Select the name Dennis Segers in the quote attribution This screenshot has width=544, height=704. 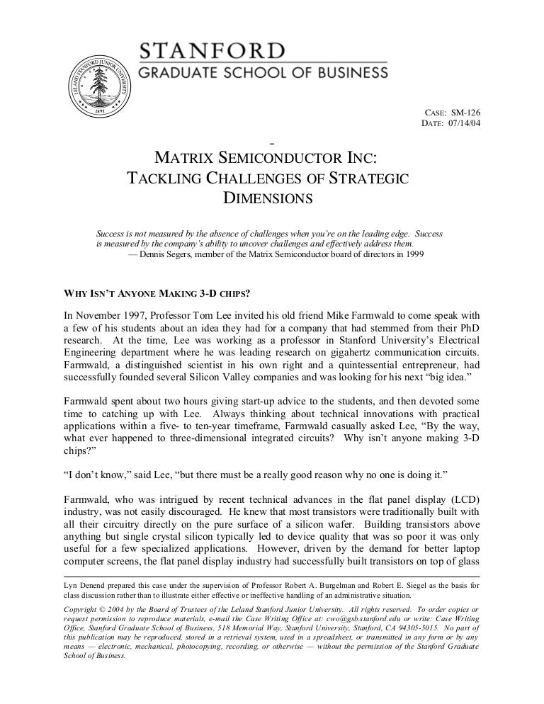click(169, 254)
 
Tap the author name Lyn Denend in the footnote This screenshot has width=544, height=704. click(84, 586)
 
